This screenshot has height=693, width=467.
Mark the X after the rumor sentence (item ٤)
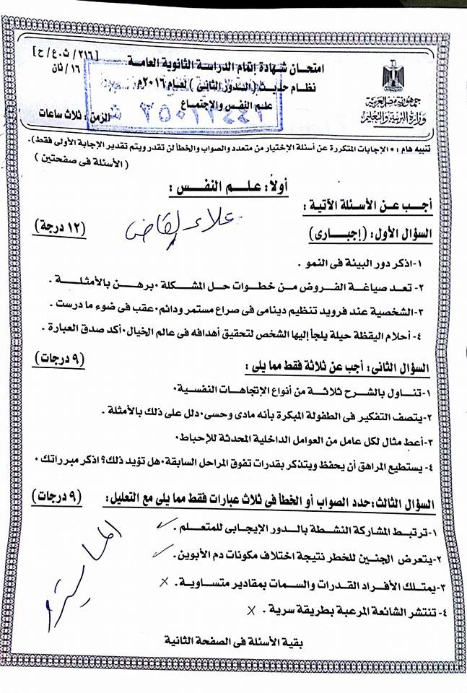coord(251,610)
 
